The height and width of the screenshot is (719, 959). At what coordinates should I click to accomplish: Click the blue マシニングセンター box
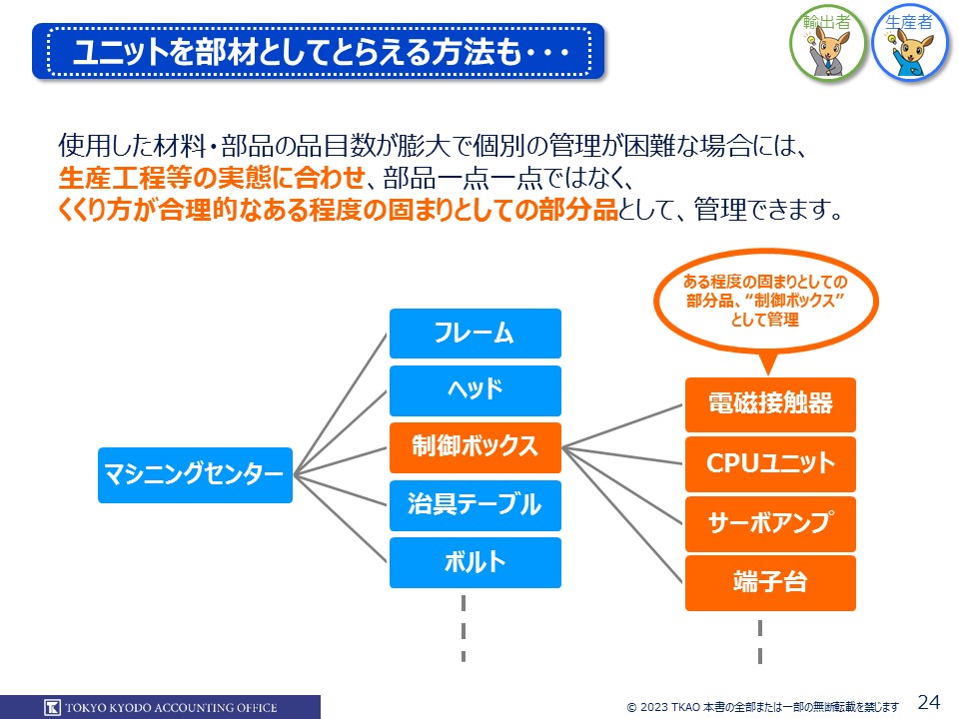point(196,475)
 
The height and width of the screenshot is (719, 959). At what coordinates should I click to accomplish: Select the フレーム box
point(475,333)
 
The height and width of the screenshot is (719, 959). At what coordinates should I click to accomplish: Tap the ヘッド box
point(475,389)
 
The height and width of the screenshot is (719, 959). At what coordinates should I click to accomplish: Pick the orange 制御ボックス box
point(475,446)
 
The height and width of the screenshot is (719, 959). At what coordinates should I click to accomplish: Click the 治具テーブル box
point(475,504)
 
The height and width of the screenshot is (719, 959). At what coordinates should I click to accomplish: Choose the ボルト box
point(475,562)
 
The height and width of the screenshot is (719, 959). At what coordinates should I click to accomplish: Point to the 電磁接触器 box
point(770,404)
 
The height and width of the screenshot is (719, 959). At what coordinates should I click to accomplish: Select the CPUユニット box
point(770,463)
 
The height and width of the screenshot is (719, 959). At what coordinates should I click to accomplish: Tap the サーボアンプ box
point(770,523)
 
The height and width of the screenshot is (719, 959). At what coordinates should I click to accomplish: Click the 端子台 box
point(770,582)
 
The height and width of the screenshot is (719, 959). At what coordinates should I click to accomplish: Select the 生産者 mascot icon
point(911,45)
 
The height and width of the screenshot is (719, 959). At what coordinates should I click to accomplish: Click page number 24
point(928,701)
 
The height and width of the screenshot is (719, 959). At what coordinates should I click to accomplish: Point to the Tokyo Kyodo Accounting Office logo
point(161,707)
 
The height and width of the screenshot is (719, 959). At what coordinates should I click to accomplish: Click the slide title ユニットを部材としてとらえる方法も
point(320,53)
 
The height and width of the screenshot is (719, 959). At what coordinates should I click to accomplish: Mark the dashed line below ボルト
point(464,629)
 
